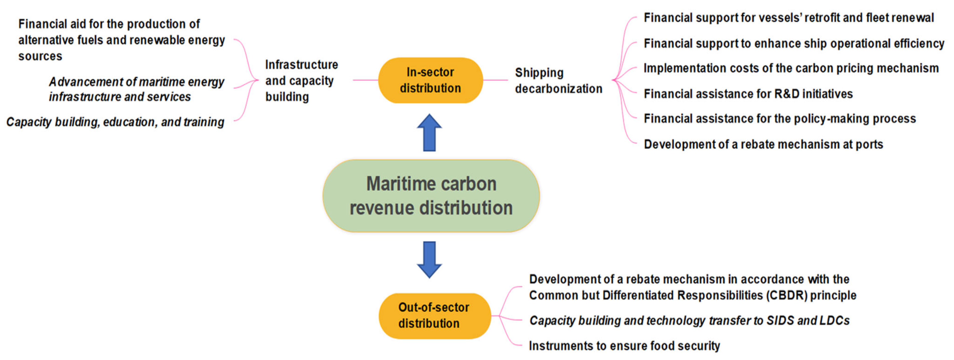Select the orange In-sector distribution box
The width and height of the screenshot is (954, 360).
[430, 80]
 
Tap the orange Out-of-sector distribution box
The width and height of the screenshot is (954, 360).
[434, 316]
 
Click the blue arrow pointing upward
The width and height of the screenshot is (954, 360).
[429, 132]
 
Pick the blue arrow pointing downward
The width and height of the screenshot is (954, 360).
[429, 260]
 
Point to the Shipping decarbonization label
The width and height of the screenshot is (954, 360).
[558, 81]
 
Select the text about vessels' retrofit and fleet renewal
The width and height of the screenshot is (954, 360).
[788, 18]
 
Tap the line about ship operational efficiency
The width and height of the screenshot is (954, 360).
[794, 43]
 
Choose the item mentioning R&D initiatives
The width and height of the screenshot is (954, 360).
[748, 94]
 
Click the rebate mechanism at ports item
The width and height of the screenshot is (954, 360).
[763, 144]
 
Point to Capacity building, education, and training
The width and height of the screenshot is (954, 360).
[115, 122]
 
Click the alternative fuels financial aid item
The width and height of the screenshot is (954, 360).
[121, 40]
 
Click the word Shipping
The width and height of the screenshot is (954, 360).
[539, 73]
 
